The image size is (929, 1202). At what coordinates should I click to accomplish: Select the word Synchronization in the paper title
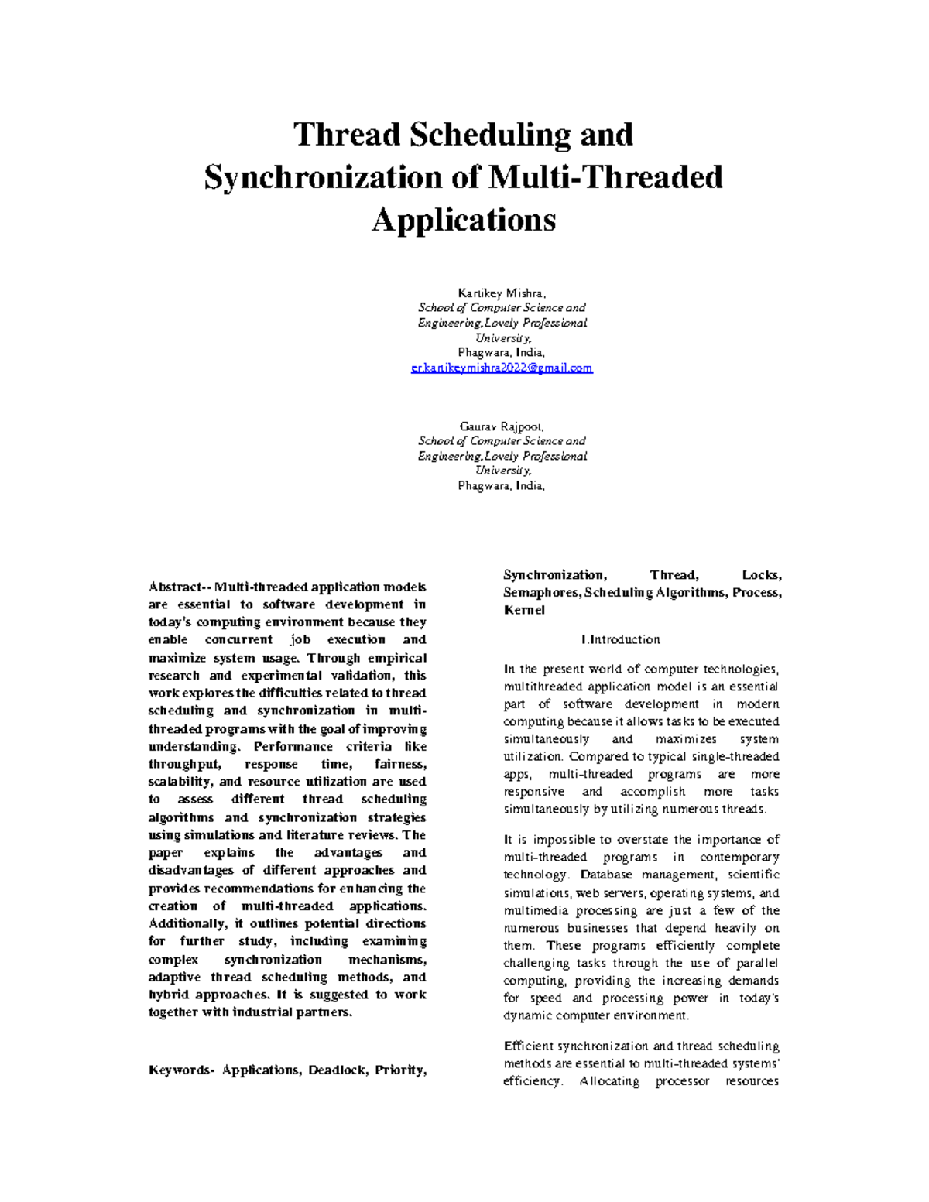click(324, 177)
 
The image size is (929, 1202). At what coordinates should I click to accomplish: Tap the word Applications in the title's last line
click(464, 220)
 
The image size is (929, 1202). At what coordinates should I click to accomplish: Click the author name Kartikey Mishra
click(502, 293)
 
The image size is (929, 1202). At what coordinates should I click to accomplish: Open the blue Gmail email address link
click(502, 368)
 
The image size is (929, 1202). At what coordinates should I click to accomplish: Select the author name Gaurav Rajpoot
click(502, 426)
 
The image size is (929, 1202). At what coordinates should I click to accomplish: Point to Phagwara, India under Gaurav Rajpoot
click(502, 486)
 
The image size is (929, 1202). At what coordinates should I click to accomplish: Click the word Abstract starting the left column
click(175, 587)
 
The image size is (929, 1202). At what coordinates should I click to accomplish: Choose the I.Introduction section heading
click(620, 639)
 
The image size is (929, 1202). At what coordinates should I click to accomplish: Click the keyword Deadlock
click(338, 1070)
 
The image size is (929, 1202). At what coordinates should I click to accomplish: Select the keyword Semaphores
click(541, 593)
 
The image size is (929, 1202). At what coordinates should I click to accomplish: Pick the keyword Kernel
click(524, 610)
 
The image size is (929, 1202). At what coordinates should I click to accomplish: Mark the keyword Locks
click(762, 575)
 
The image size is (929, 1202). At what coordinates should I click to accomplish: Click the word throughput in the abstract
click(183, 764)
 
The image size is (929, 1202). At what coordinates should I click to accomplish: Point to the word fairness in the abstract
click(399, 764)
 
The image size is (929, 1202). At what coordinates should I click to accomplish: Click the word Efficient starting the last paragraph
click(528, 1046)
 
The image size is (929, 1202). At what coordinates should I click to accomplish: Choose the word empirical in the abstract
click(396, 658)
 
